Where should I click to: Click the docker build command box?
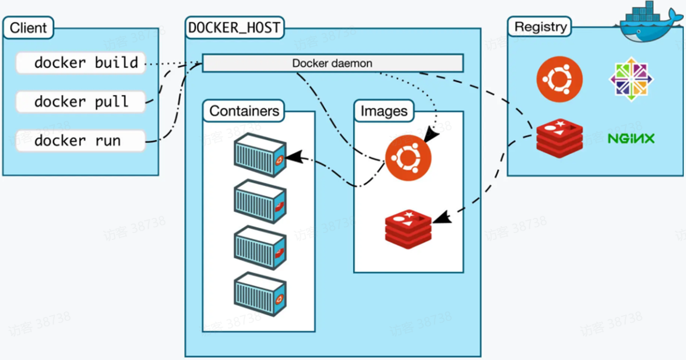tap(80, 63)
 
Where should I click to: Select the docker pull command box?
tap(80, 102)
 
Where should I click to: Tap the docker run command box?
tap(80, 141)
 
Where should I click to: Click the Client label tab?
tap(29, 27)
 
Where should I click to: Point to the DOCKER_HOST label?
tap(234, 27)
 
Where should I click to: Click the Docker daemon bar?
tap(332, 63)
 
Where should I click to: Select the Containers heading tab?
tap(244, 111)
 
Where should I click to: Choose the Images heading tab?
tap(384, 111)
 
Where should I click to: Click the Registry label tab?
tap(540, 27)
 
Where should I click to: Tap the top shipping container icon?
tap(261, 155)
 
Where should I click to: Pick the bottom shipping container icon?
tap(261, 294)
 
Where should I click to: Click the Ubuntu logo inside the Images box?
tap(408, 158)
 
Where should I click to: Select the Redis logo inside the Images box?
tap(408, 229)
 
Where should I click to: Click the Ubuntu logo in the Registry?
tap(560, 79)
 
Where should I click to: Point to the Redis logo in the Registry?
tap(560, 138)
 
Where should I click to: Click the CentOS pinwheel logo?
tap(631, 79)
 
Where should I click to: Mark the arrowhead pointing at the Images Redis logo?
tap(442, 217)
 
